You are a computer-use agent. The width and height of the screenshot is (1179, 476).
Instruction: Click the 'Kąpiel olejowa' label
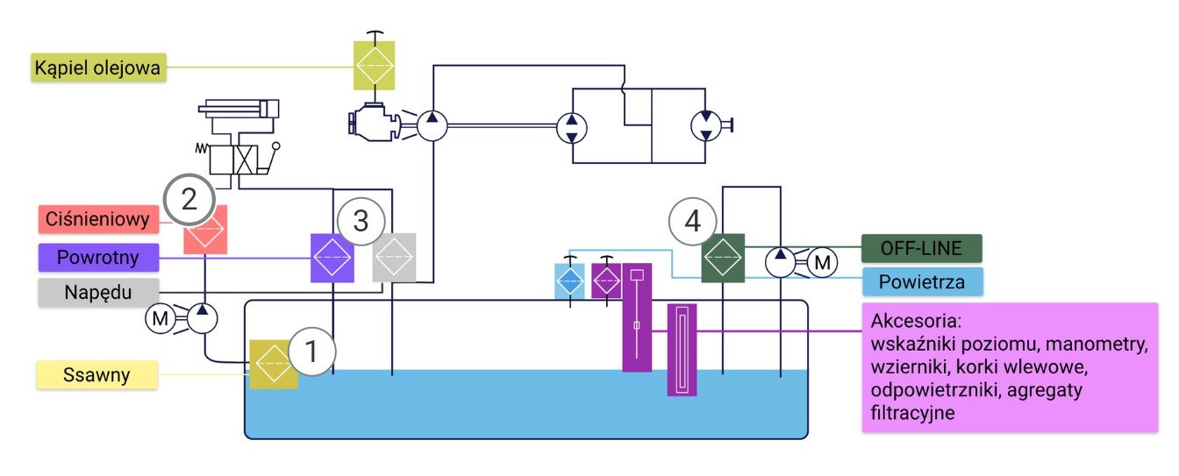pyautogui.click(x=98, y=67)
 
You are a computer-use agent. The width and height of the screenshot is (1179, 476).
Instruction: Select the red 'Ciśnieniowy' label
pyautogui.click(x=98, y=218)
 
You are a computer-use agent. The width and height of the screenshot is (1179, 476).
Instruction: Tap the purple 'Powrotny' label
pyautogui.click(x=98, y=258)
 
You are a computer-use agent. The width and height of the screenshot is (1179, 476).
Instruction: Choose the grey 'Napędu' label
pyautogui.click(x=98, y=292)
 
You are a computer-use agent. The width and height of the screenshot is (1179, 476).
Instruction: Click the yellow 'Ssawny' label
pyautogui.click(x=96, y=376)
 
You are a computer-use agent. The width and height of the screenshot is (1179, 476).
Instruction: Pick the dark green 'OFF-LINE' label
pyautogui.click(x=921, y=248)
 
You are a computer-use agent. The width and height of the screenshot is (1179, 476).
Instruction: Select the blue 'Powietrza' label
pyautogui.click(x=921, y=282)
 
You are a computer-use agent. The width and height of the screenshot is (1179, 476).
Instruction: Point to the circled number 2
pyautogui.click(x=189, y=199)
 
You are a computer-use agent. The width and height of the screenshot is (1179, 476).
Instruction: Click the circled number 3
pyautogui.click(x=361, y=222)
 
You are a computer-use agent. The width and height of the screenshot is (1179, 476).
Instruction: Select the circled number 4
pyautogui.click(x=693, y=222)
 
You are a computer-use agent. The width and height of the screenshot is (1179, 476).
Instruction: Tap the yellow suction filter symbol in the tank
pyautogui.click(x=273, y=364)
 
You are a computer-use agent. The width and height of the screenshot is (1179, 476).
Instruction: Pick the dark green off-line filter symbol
pyautogui.click(x=723, y=258)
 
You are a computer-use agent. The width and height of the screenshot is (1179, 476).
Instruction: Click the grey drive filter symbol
pyautogui.click(x=394, y=258)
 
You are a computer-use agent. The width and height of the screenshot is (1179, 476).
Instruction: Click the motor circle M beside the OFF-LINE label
pyautogui.click(x=822, y=261)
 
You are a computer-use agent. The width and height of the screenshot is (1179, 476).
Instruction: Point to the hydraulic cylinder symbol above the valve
pyautogui.click(x=239, y=109)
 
